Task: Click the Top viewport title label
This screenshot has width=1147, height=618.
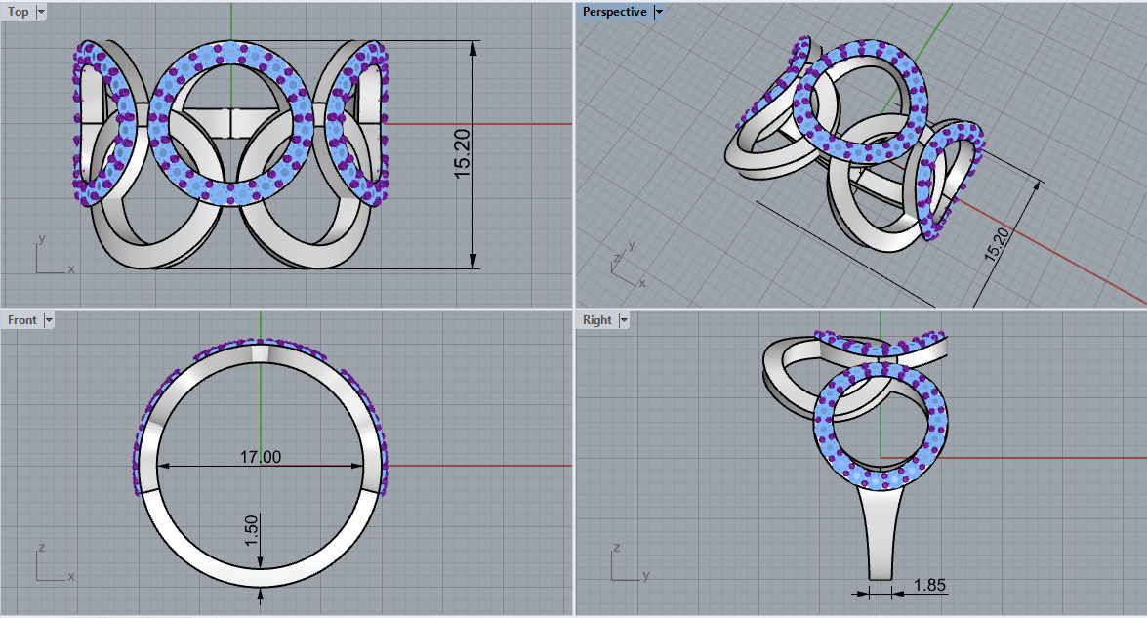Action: click(19, 12)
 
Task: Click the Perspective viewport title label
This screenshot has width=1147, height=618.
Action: click(614, 12)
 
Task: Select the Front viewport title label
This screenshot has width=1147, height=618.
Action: click(21, 320)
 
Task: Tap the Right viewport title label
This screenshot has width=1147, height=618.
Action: click(596, 320)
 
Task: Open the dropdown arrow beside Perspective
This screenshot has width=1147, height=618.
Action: click(660, 12)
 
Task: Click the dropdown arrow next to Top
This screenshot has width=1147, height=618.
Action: click(41, 12)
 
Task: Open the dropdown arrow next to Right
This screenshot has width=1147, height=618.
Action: click(624, 320)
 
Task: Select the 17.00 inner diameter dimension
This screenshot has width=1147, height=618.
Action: click(261, 456)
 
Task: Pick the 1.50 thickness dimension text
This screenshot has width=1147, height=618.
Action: click(251, 530)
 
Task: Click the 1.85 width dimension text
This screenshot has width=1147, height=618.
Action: click(929, 585)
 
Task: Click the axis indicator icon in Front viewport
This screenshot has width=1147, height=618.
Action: click(49, 565)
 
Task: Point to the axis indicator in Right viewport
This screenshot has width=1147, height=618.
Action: click(625, 565)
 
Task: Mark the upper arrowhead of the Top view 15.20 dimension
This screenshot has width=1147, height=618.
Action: click(473, 48)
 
